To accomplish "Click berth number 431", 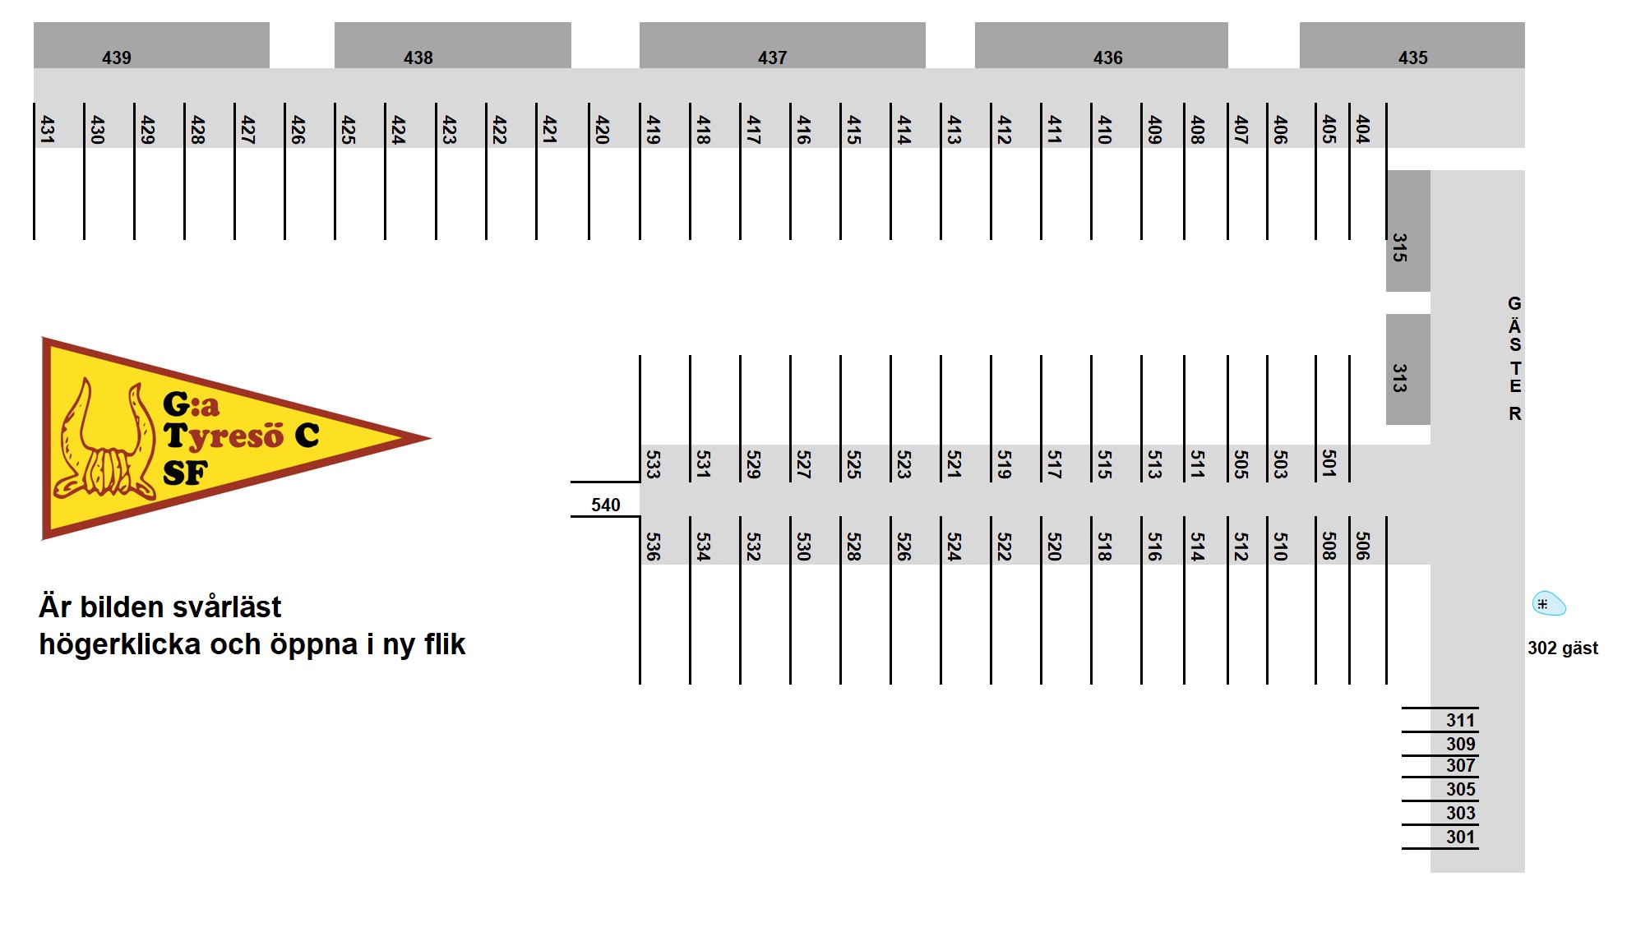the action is [x=48, y=130].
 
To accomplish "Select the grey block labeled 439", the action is [x=151, y=45].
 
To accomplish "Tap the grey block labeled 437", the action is [x=782, y=45].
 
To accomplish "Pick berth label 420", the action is [x=602, y=130].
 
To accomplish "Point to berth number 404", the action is [x=1363, y=130].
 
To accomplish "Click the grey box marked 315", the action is [x=1408, y=231].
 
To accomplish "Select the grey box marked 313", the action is [x=1408, y=369].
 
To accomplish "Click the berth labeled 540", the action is [x=606, y=505].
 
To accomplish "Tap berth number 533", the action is [x=654, y=464].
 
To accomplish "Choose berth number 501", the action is [x=1329, y=464].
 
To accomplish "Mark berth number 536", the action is [x=654, y=547].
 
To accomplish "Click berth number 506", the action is [x=1363, y=547].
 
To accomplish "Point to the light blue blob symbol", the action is [x=1549, y=604].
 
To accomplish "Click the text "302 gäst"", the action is [x=1563, y=648].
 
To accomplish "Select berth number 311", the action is [x=1461, y=721].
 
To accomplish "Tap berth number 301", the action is [x=1461, y=837].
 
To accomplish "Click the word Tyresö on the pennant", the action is [x=224, y=436].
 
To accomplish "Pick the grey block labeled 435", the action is [x=1412, y=45].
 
